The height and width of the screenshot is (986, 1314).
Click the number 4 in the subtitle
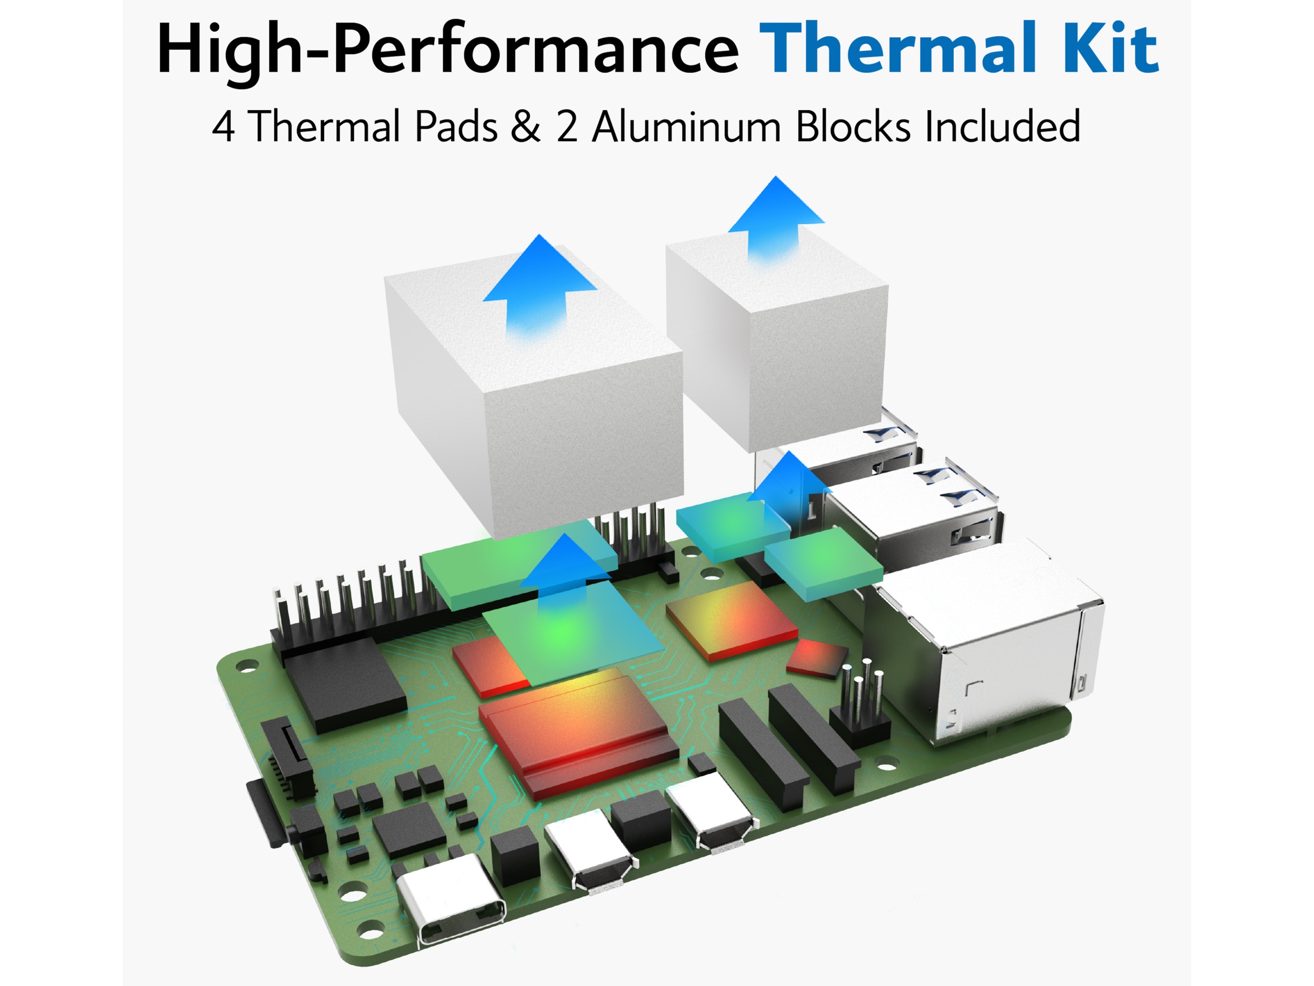tap(223, 127)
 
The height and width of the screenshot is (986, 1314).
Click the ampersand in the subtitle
tap(526, 127)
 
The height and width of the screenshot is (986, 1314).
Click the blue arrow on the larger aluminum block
tap(539, 285)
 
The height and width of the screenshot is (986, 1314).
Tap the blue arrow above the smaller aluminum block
tap(776, 218)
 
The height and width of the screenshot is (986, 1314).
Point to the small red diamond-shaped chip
tap(817, 657)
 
